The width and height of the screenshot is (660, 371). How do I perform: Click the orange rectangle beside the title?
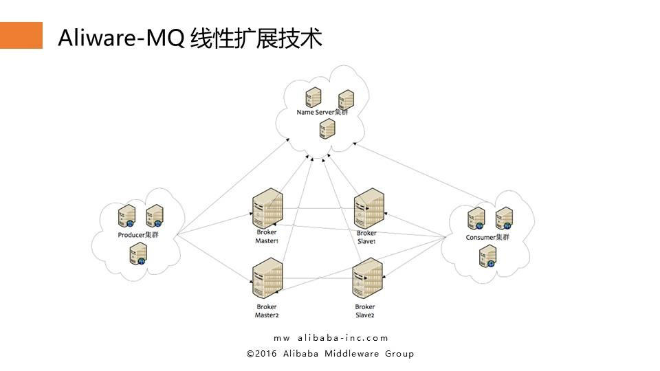tap(21, 35)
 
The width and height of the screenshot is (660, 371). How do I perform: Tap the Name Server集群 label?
tap(322, 112)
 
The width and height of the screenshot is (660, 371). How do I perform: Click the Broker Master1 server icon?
tap(267, 208)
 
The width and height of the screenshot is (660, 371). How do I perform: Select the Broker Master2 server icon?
tap(267, 280)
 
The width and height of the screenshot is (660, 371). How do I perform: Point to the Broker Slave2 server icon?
tap(366, 279)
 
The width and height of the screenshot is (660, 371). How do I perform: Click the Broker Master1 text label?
tap(267, 237)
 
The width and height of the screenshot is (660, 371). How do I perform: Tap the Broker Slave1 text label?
tap(367, 237)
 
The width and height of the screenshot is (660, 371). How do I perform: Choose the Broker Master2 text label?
tap(267, 311)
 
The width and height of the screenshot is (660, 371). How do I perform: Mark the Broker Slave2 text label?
tap(365, 311)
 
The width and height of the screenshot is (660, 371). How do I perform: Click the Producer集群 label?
tap(138, 236)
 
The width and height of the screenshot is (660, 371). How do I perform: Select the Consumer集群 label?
tap(487, 238)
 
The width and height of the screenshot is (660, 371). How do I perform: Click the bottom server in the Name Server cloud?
tap(327, 128)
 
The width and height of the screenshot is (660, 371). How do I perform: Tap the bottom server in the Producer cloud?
tap(138, 255)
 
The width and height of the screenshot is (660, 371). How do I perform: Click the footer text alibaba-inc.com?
tap(343, 338)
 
